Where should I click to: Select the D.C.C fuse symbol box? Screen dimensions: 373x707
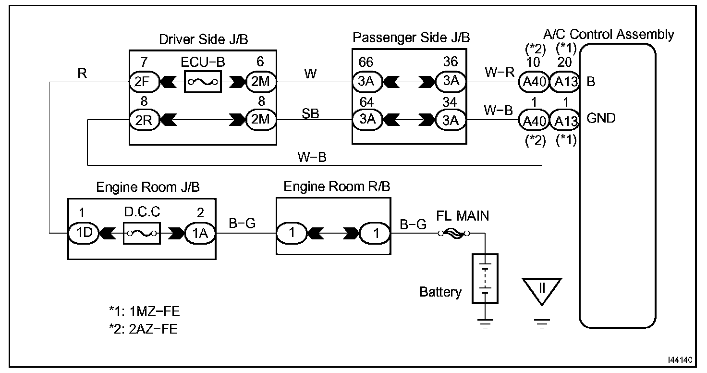coord(141,233)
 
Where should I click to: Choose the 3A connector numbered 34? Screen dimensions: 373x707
coord(451,120)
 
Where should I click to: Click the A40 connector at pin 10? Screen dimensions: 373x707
coord(533,82)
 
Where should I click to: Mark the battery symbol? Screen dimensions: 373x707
coord(485,278)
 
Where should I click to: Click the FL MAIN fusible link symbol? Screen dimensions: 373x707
coord(453,233)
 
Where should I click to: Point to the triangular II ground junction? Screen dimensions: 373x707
coord(542,290)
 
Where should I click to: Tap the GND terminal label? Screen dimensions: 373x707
coord(601,118)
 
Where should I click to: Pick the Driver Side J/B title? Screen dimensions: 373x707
coord(204,39)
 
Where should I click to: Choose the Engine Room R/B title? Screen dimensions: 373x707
coord(337,186)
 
